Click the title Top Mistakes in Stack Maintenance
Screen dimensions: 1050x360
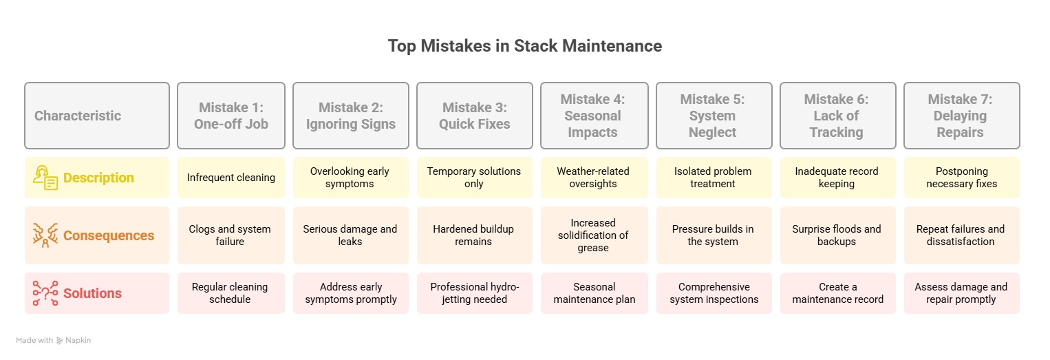click(524, 46)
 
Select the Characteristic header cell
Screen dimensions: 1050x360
click(97, 116)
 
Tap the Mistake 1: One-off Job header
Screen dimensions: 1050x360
click(231, 116)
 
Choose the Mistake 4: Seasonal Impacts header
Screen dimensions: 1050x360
click(594, 116)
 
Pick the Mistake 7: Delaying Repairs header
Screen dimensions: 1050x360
click(962, 116)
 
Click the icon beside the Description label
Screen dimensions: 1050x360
click(45, 178)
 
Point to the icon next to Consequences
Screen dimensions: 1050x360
click(45, 235)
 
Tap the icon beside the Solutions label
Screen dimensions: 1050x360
click(45, 293)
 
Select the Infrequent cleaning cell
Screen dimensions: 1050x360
click(231, 177)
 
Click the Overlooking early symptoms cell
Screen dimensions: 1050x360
click(351, 177)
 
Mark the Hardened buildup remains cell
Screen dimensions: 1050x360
click(474, 235)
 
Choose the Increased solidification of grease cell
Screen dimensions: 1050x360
click(594, 235)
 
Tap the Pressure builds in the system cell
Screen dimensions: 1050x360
click(714, 235)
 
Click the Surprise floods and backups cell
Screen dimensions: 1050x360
click(837, 235)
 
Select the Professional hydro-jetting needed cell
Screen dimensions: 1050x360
click(474, 293)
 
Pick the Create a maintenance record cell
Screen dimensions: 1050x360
click(837, 293)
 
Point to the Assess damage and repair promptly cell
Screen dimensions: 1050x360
click(962, 293)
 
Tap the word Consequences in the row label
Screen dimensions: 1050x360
click(109, 235)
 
